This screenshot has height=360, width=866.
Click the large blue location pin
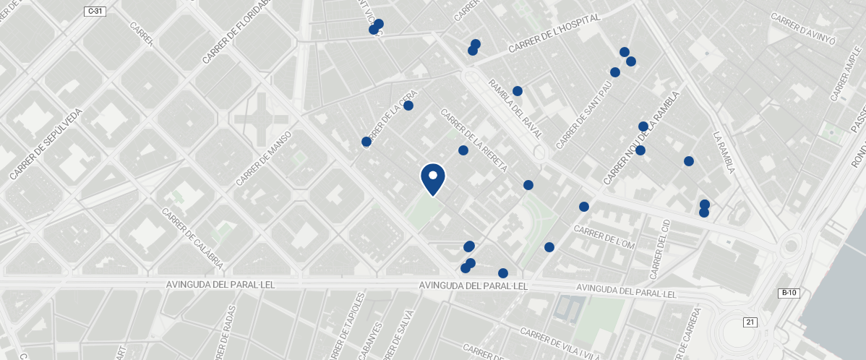[433, 179]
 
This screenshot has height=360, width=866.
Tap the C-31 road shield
[95, 11]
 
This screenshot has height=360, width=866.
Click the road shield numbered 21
[750, 322]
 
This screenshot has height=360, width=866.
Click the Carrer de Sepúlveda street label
[47, 144]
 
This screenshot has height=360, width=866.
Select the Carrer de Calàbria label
[192, 238]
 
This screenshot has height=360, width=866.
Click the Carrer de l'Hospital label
[554, 33]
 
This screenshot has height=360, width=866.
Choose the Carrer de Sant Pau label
[584, 115]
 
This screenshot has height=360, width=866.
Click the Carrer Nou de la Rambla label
[642, 137]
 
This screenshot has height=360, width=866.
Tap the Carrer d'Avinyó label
[803, 28]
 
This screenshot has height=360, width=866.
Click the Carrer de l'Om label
[604, 237]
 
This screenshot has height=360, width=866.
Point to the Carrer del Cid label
[659, 249]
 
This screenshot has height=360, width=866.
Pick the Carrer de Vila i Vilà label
[560, 343]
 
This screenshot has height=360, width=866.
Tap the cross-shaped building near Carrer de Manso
[260, 116]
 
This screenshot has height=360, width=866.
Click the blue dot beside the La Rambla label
[689, 161]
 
